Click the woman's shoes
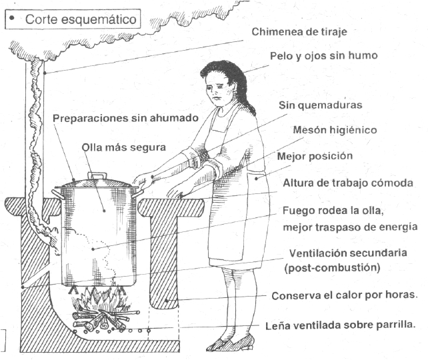(x=230, y=343)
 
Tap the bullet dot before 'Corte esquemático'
(x=13, y=19)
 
